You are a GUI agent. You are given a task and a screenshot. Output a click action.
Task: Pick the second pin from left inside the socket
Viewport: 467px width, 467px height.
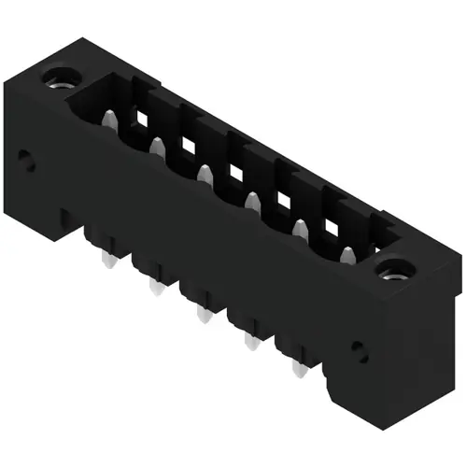coord(157,145)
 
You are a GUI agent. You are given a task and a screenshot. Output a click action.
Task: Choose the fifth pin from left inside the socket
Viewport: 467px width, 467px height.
coord(300,227)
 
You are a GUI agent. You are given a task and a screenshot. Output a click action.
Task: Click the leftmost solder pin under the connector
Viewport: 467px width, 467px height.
coord(104,259)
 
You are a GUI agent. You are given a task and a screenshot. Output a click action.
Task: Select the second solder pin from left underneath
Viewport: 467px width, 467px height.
coord(152,287)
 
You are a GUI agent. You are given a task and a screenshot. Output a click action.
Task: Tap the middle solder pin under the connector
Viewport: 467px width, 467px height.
coord(200,315)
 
